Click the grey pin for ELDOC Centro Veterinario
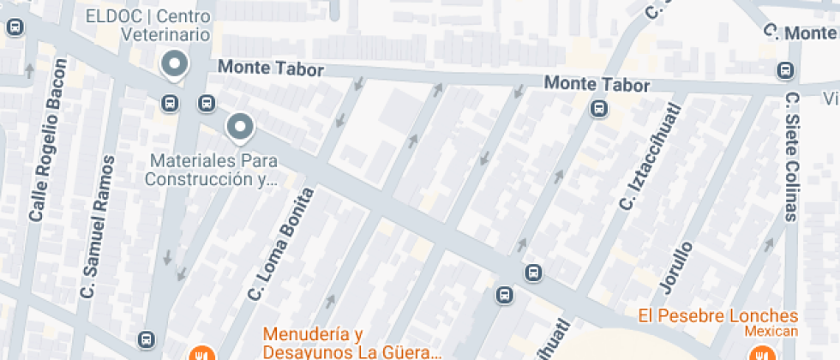click(x=176, y=64)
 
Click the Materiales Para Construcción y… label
click(x=213, y=170)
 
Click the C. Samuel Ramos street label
click(x=96, y=226)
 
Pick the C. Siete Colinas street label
click(x=791, y=156)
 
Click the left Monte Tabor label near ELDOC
click(x=269, y=67)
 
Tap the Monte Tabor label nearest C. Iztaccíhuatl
click(x=597, y=85)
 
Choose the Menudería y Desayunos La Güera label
click(x=351, y=343)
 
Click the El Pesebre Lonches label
click(x=718, y=315)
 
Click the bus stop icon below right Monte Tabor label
click(x=598, y=109)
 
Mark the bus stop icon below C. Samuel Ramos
click(x=147, y=339)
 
